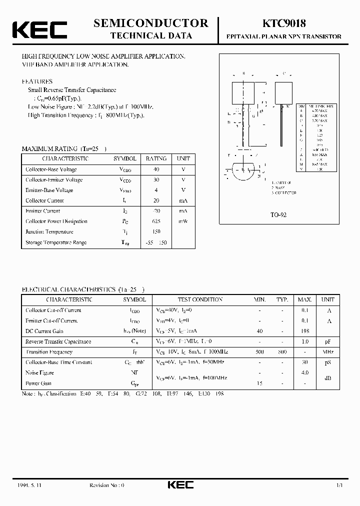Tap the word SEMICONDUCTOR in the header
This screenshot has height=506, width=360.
[x=150, y=23]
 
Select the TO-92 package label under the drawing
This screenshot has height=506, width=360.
[x=278, y=214]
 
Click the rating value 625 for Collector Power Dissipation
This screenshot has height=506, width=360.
[x=156, y=221]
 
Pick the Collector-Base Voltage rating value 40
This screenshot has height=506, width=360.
[x=156, y=169]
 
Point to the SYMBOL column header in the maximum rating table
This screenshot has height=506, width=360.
[x=124, y=158]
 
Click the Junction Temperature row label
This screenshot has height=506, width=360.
[x=49, y=232]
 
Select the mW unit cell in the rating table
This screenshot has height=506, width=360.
[x=183, y=221]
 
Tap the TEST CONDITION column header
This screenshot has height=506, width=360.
[x=200, y=299]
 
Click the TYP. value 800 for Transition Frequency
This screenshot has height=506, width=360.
[x=282, y=352]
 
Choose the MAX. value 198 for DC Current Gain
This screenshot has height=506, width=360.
[x=305, y=331]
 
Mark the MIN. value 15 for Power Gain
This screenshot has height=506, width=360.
[x=259, y=383]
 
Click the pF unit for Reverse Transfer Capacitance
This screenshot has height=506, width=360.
[x=328, y=341]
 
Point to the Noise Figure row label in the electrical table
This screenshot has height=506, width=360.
[x=39, y=373]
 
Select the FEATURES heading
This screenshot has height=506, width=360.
[x=37, y=81]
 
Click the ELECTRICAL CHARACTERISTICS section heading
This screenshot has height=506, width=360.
[x=83, y=289]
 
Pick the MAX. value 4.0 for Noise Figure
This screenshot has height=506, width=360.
[x=305, y=373]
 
